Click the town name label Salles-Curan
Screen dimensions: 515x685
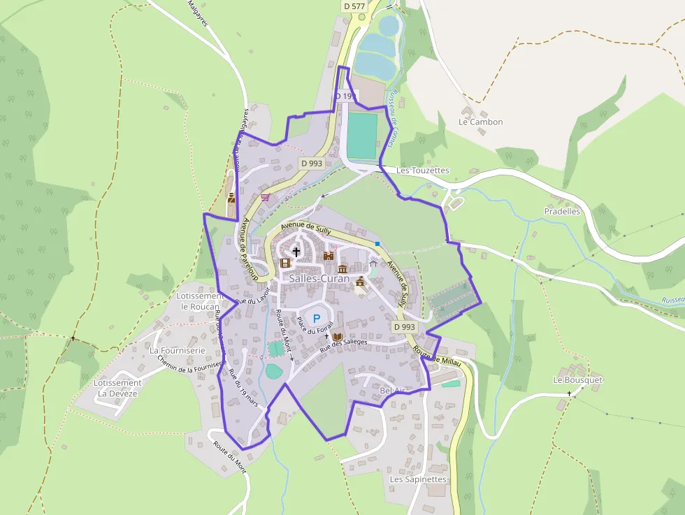pos(319,278)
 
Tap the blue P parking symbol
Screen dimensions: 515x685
pos(316,318)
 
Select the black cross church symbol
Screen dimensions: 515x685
pos(296,252)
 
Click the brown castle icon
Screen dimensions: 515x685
pos(329,256)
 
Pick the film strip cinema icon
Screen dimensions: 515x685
pos(284,263)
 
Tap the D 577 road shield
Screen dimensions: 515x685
pos(354,6)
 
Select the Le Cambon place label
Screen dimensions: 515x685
pos(480,122)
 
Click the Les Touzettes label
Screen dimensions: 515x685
pos(422,171)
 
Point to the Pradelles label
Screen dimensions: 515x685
pos(562,211)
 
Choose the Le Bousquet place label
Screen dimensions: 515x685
pos(577,380)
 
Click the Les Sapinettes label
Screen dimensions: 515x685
pos(417,479)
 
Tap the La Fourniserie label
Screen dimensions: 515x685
pos(177,350)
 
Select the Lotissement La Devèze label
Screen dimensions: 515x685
pos(117,388)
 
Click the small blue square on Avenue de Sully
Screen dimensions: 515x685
pos(377,243)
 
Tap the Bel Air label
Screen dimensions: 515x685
pos(393,391)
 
